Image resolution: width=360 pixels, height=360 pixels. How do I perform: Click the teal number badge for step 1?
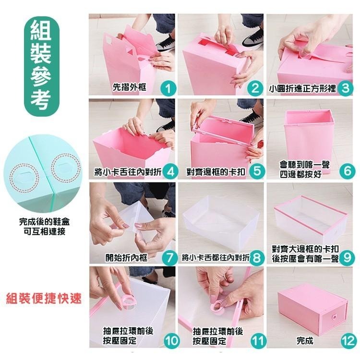(168, 88)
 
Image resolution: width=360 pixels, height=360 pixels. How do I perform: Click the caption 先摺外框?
(130, 87)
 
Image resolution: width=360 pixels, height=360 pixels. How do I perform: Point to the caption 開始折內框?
(126, 258)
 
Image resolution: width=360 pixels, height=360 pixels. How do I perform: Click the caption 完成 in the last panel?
(305, 341)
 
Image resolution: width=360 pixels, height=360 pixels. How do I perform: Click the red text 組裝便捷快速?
(44, 299)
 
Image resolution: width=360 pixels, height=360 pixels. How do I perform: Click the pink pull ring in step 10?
(127, 302)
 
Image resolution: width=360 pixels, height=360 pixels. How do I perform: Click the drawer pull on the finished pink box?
(333, 317)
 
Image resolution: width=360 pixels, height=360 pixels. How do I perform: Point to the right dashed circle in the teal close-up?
(66, 168)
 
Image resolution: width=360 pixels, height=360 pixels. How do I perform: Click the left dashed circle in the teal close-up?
(24, 178)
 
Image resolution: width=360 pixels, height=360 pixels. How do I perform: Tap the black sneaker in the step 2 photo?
(252, 38)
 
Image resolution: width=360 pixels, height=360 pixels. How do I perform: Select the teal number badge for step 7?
(169, 258)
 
